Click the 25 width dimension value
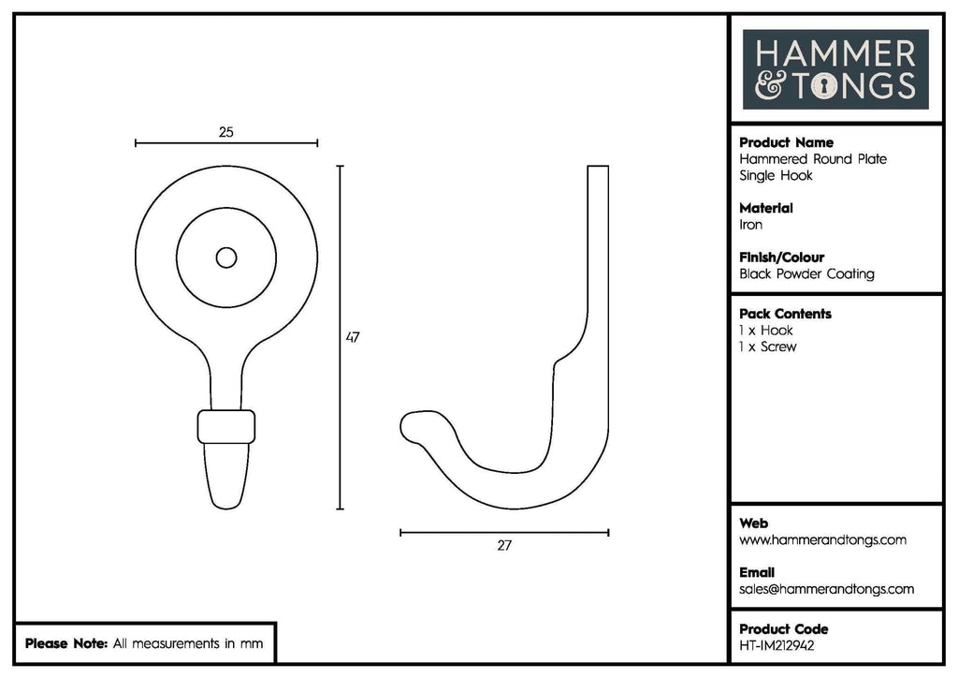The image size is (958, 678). [226, 132]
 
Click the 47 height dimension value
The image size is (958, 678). [353, 337]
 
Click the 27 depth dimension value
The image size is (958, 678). [504, 545]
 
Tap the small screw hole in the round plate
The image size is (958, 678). [226, 258]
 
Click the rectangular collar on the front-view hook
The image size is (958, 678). [226, 427]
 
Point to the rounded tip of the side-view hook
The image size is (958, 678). [405, 427]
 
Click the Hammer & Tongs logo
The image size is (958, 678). [835, 69]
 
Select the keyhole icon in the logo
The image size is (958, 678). [825, 85]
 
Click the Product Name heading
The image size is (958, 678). [786, 142]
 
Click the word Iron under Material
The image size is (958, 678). [751, 225]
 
